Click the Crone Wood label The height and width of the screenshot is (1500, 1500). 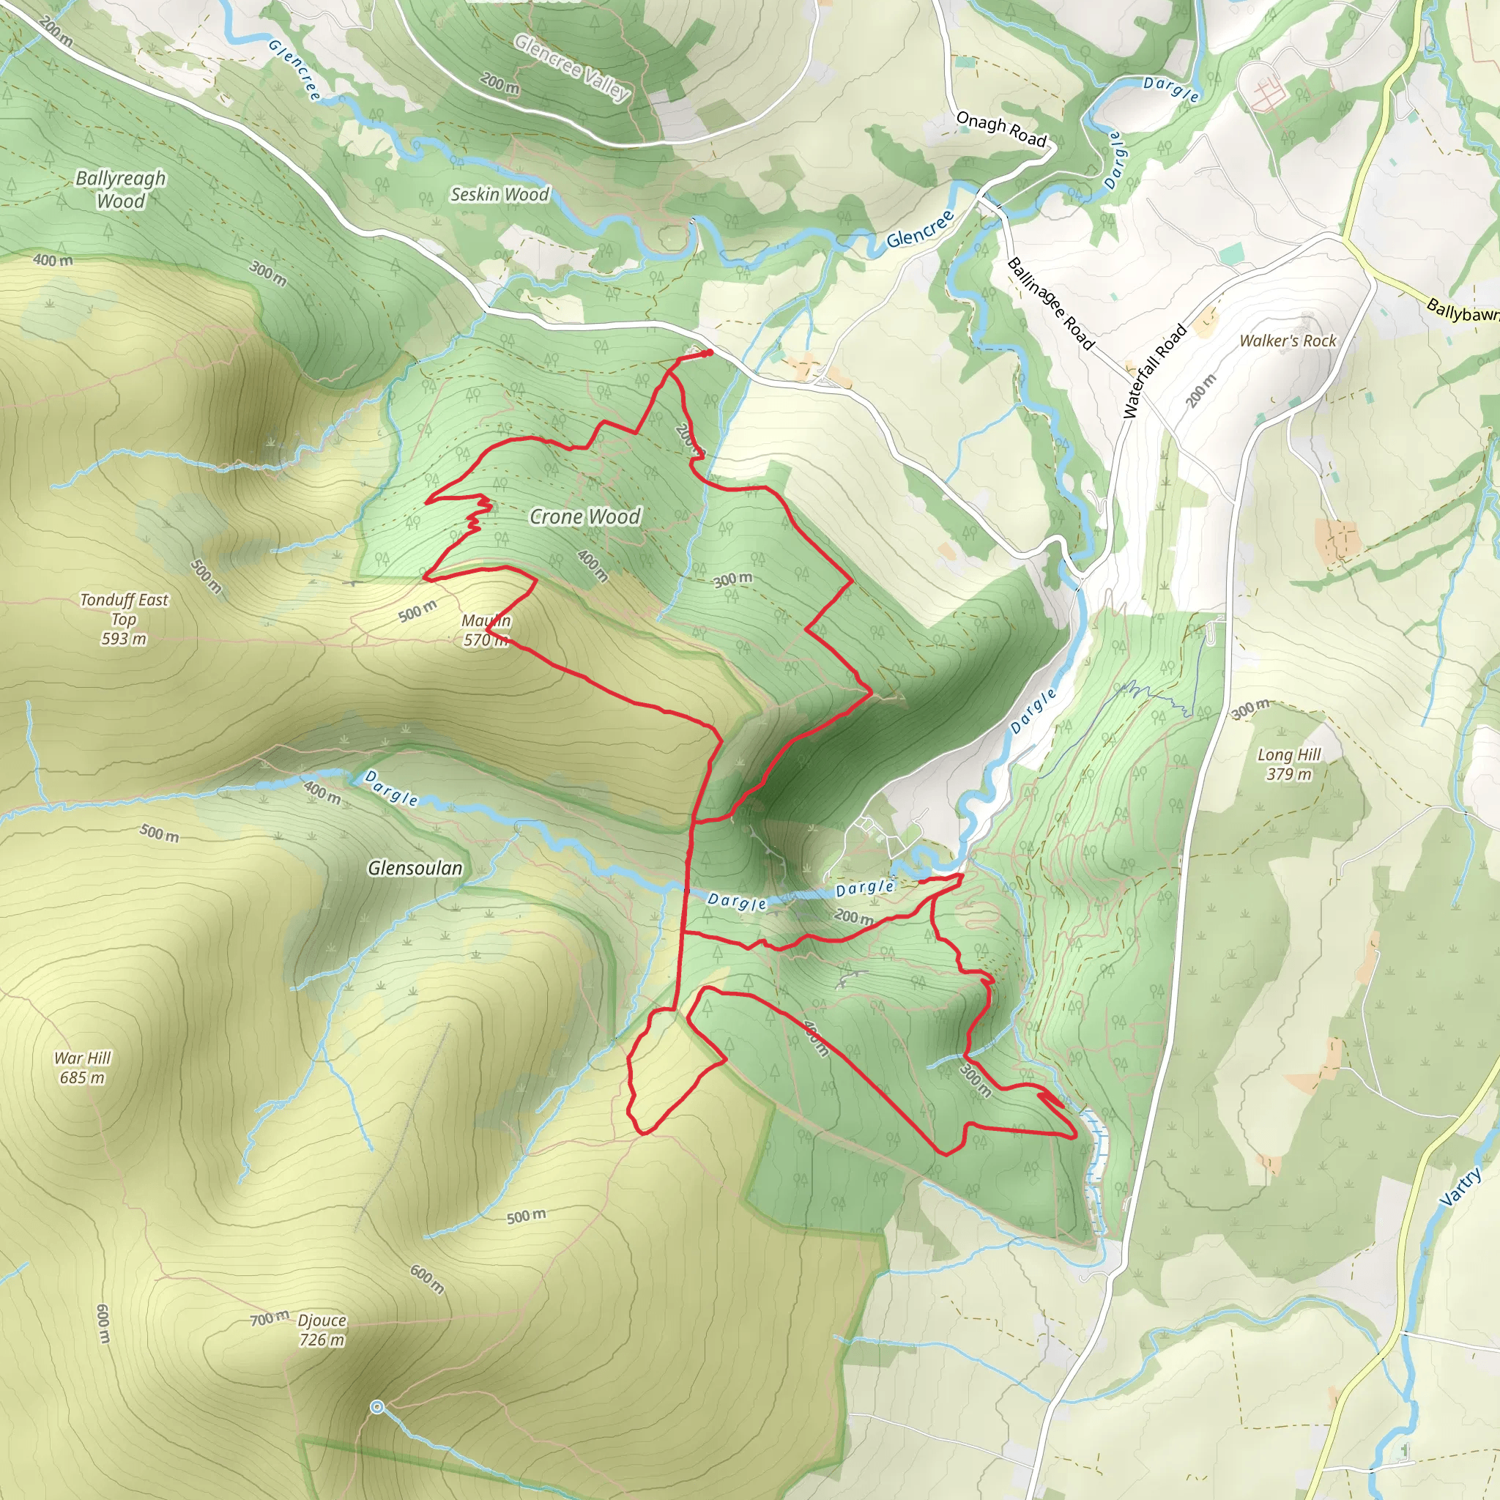(x=584, y=516)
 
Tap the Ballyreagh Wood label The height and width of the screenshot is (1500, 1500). (x=120, y=190)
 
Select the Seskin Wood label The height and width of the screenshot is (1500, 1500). (x=500, y=194)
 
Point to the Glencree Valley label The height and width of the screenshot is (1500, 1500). (x=572, y=67)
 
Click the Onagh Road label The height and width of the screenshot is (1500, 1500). (x=1000, y=129)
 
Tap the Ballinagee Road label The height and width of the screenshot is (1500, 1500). (x=1050, y=303)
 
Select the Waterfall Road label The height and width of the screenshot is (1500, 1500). (x=1154, y=371)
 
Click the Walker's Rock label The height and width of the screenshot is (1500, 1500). (x=1288, y=341)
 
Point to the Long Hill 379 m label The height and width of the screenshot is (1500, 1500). (x=1289, y=764)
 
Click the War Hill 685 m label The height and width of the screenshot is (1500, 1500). (x=82, y=1068)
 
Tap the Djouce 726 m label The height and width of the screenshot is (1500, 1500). (x=322, y=1330)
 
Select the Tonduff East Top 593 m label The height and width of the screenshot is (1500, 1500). (x=125, y=619)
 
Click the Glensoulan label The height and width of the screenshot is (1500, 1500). (x=415, y=868)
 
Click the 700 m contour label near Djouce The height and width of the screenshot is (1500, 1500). (x=269, y=1318)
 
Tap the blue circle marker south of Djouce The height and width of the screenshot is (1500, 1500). (x=377, y=1407)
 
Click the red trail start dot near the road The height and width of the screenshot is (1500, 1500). (x=709, y=353)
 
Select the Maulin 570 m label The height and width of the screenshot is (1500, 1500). (x=486, y=631)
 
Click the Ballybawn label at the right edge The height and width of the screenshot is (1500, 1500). (x=1463, y=311)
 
